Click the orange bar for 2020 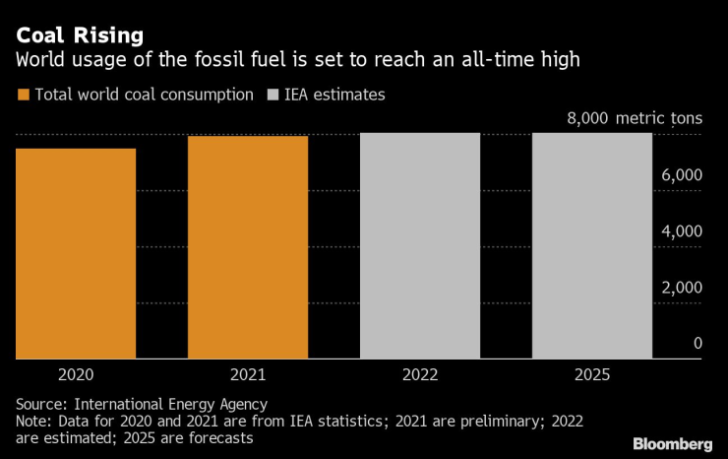[x=76, y=253]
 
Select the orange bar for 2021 [x=248, y=247]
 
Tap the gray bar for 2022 [x=420, y=245]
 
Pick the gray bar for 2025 [x=592, y=245]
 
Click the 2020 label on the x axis [x=76, y=375]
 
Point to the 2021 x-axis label [x=248, y=375]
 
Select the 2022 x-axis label [x=420, y=375]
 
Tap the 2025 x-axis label [x=592, y=375]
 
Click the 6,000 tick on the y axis [x=681, y=175]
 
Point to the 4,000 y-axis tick [x=681, y=231]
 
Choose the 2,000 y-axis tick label [x=681, y=288]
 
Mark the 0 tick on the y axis [x=698, y=344]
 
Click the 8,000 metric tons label [x=635, y=119]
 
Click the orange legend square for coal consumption [x=23, y=96]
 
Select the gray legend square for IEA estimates [x=273, y=96]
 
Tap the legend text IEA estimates [x=336, y=96]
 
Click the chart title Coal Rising [x=79, y=36]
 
